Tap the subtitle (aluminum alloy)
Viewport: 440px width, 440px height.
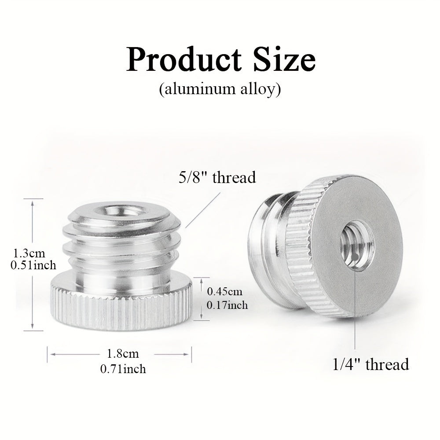point(220,89)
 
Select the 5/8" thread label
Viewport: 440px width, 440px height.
point(217,177)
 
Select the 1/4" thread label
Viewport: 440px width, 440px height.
point(370,364)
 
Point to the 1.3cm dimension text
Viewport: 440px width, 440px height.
point(29,253)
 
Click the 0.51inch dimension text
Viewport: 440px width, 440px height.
point(33,265)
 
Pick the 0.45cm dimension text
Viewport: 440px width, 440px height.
point(224,292)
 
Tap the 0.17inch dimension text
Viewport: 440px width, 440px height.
point(227,305)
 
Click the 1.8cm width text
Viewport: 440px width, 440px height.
point(123,354)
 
